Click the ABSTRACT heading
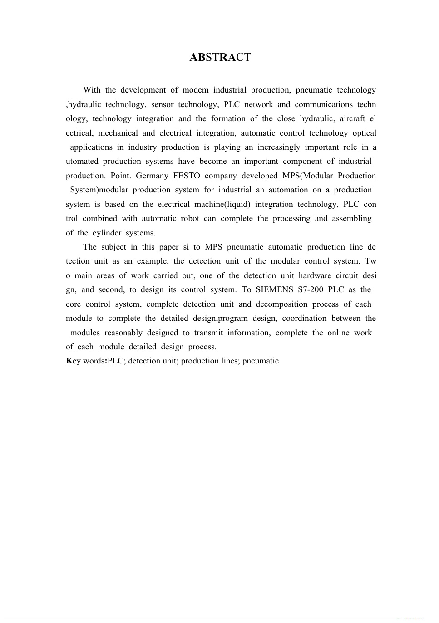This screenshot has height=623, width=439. (x=220, y=57)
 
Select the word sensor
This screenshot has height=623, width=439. (x=162, y=105)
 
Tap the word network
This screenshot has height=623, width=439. (x=259, y=105)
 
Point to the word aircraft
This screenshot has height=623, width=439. (x=352, y=119)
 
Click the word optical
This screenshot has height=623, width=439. (x=365, y=133)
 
